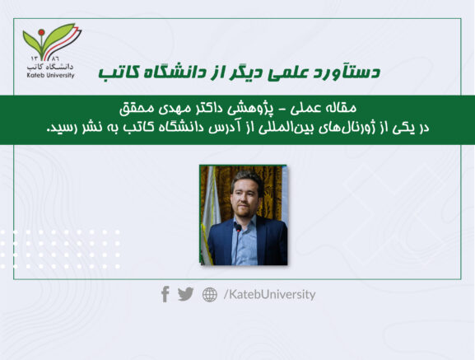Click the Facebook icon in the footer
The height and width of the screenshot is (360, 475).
coord(165,294)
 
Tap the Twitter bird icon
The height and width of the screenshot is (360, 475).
coord(186,294)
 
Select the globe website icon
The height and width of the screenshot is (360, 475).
coord(210,295)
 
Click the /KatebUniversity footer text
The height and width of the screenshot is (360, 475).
coord(269,294)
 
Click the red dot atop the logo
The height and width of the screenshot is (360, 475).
coord(41,32)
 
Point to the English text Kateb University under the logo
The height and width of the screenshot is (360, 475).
coord(50,75)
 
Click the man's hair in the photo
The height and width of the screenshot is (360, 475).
coord(247,179)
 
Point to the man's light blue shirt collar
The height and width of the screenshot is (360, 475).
coord(244,222)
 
